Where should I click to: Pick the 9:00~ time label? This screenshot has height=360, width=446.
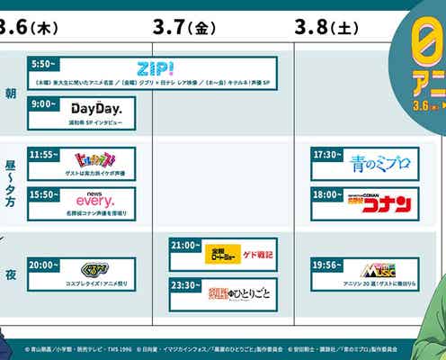[44, 103]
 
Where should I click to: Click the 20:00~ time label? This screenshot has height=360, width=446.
[46, 265]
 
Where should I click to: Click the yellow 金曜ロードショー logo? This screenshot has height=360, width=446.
[222, 253]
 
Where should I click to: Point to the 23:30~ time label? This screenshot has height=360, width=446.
[186, 285]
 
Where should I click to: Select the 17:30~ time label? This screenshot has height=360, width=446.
[328, 154]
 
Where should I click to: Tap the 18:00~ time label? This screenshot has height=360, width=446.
[328, 193]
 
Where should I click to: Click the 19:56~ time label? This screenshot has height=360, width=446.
[328, 265]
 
